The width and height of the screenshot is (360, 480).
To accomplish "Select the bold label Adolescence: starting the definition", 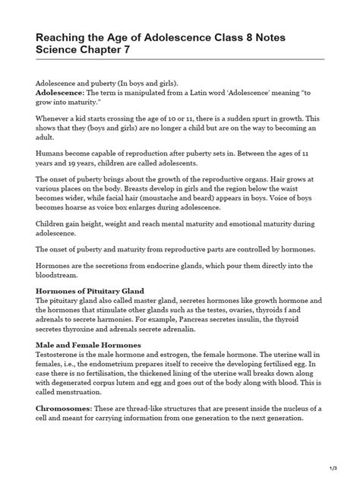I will pyautogui.click(x=60, y=91).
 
